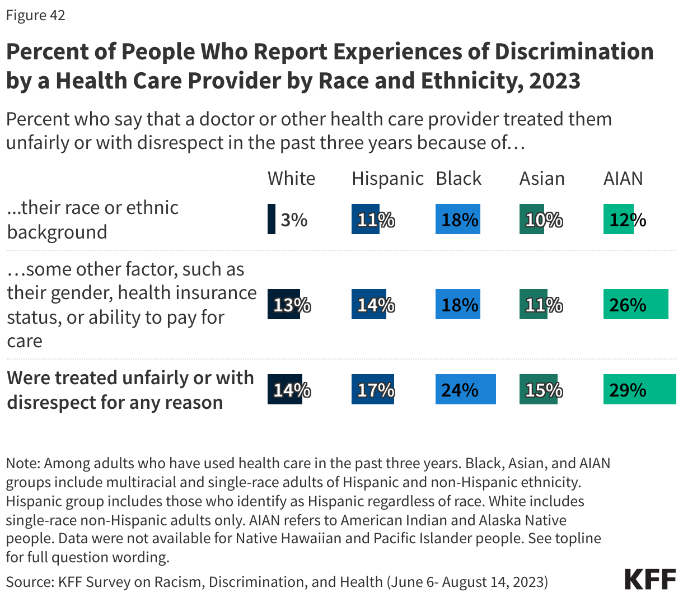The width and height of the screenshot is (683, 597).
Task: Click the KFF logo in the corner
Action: (x=650, y=579)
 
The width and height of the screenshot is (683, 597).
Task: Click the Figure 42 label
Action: (x=36, y=15)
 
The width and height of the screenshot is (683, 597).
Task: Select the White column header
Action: (x=291, y=178)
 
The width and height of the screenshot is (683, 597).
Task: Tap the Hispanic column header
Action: (x=387, y=178)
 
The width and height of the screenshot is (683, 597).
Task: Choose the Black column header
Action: (x=459, y=178)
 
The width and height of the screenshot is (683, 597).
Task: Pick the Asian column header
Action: (x=542, y=178)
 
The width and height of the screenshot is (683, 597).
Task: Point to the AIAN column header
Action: (x=623, y=178)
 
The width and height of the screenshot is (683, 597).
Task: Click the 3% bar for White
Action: (x=272, y=219)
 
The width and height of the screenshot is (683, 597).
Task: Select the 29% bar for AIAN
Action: (x=639, y=389)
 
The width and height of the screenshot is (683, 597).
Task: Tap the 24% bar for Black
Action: (x=465, y=389)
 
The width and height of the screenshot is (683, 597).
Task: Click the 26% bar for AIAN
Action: (x=635, y=305)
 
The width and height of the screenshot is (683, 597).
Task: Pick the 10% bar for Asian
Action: (x=532, y=219)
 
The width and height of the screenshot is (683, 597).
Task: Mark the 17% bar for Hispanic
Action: (x=373, y=389)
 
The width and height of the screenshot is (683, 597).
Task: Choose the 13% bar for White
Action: (x=284, y=305)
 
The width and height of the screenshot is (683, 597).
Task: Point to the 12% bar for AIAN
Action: (x=619, y=219)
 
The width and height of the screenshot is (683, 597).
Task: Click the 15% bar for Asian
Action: (x=538, y=389)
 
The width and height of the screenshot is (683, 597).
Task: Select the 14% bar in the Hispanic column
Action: (x=369, y=305)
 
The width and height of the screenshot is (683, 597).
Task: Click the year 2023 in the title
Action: (x=554, y=81)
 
